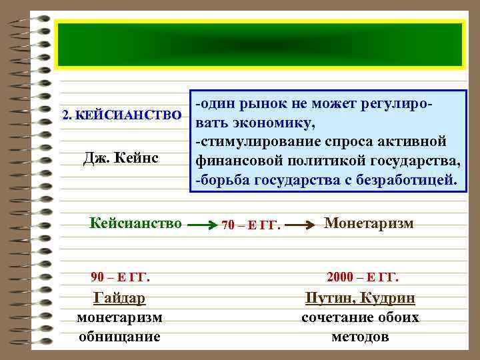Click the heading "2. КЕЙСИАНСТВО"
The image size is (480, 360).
click(121, 115)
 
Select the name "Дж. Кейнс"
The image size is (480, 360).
click(121, 159)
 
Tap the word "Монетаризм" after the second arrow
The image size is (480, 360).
click(369, 223)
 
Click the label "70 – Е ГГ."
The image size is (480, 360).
click(250, 225)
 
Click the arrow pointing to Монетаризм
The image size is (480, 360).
click(305, 226)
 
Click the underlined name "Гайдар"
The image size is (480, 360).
click(120, 298)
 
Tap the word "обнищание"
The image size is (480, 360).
click(120, 336)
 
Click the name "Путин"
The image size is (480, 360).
click(329, 298)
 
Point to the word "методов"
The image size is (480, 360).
click(360, 336)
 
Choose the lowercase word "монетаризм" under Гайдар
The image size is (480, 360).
click(120, 317)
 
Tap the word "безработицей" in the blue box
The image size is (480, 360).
click(412, 180)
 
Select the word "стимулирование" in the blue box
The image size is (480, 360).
click(248, 142)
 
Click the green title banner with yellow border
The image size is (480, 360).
click(260, 45)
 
